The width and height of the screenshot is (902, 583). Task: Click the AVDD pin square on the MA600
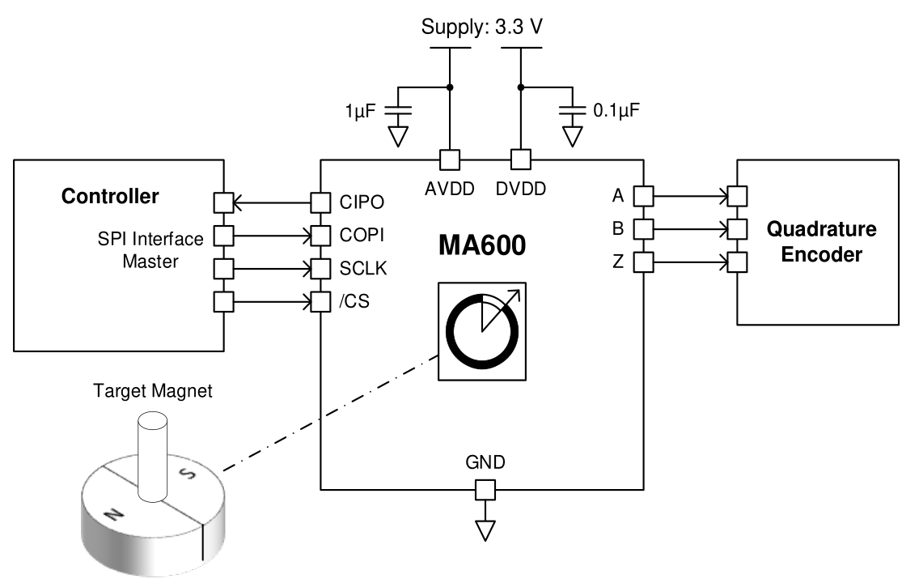[x=449, y=160]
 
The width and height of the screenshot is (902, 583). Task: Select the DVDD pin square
[x=519, y=160]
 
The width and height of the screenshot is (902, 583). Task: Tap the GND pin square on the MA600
[x=484, y=489]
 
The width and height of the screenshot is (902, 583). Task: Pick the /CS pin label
[x=353, y=302]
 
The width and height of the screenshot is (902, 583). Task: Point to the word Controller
[x=111, y=196]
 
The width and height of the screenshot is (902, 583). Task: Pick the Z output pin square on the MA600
[x=642, y=262]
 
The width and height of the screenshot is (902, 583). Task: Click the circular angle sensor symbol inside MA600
[x=482, y=331]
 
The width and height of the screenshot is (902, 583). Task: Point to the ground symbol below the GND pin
[x=484, y=530]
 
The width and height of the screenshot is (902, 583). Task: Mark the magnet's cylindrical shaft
[x=151, y=453]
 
